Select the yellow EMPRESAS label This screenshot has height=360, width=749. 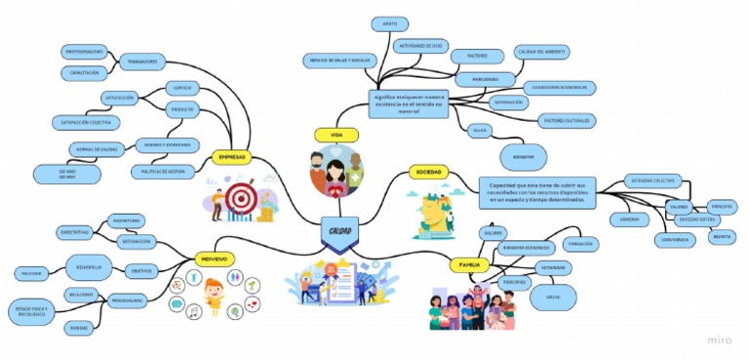[x=232, y=157]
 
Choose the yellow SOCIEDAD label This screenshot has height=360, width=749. [x=428, y=172]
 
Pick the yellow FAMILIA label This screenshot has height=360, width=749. [x=464, y=264]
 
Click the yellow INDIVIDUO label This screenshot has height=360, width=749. [x=214, y=259]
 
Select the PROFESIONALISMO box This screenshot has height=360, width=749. [x=84, y=51]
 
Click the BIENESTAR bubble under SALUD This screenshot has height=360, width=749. [x=518, y=155]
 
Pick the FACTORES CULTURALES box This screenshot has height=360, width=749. [x=567, y=120]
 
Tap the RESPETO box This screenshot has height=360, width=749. [x=723, y=235]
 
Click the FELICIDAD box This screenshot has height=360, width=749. [x=31, y=272]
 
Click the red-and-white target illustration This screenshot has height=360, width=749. [x=239, y=198]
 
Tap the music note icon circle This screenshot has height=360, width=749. [x=194, y=311]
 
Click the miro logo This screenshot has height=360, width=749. [x=721, y=340]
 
